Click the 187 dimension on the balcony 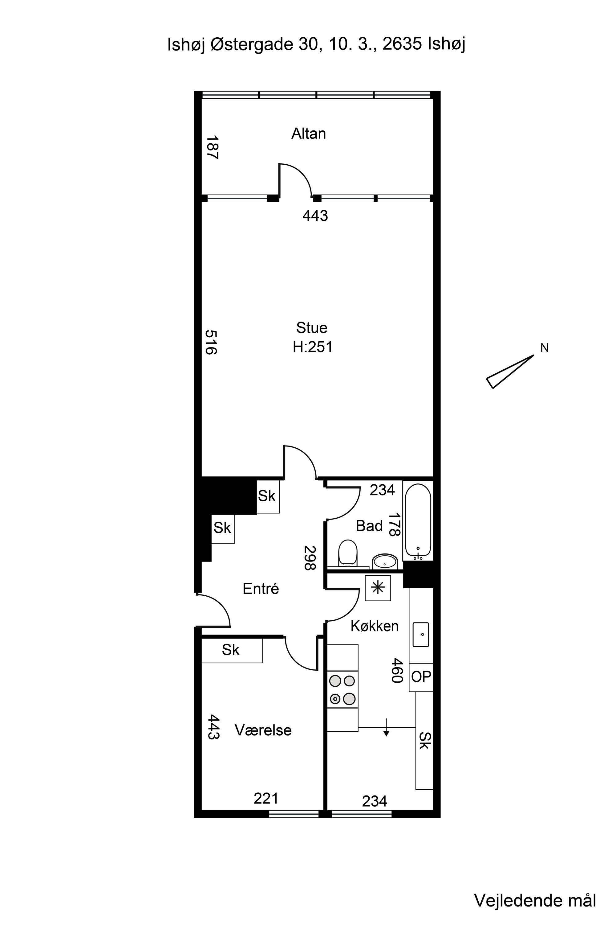[213, 147]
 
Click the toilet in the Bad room [348, 553]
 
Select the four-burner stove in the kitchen [342, 689]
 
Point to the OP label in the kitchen [421, 676]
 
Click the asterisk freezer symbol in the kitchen [378, 588]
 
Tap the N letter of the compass [544, 348]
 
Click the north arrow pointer [510, 372]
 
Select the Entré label [261, 589]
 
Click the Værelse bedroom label [263, 730]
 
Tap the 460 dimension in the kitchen [397, 671]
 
